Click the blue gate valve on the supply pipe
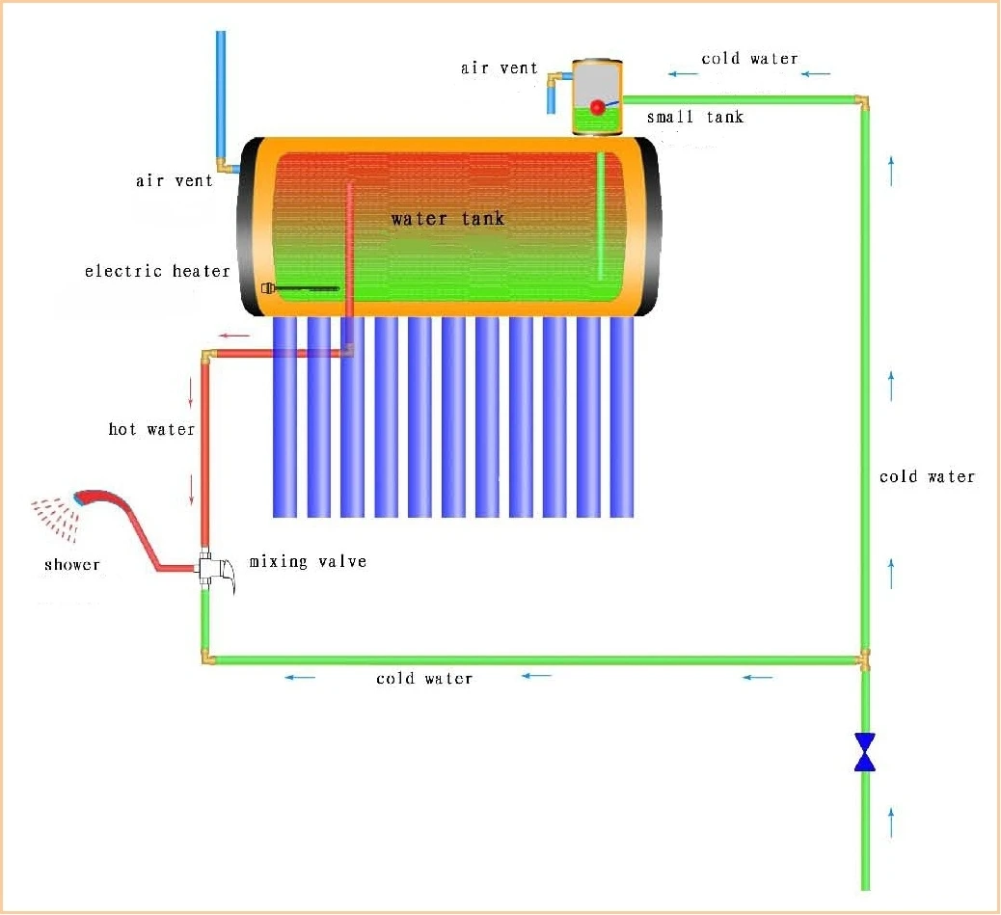865,752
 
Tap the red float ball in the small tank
598,107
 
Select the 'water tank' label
447,219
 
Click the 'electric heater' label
157,271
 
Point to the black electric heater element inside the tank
304,287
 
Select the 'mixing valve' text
308,561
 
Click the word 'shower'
71,564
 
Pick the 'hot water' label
151,429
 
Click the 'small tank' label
695,118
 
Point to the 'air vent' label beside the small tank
499,68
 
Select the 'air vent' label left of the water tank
174,180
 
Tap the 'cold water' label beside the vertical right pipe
927,476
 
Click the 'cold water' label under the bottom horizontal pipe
424,679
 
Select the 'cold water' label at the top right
749,59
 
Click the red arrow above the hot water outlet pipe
232,336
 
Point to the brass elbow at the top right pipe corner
862,100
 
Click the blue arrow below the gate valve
891,822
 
